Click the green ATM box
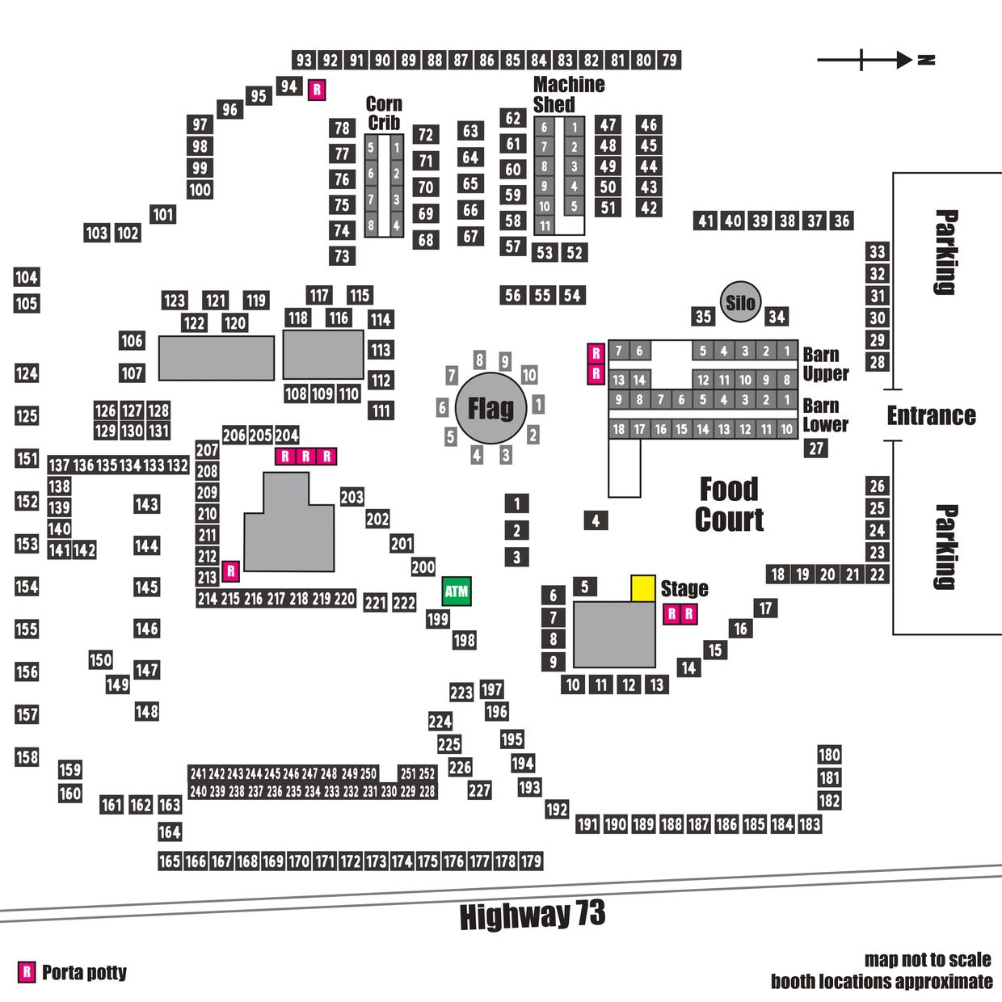(x=456, y=592)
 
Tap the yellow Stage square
(x=642, y=588)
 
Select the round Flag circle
(x=490, y=407)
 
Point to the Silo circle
(x=740, y=302)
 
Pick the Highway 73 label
(x=533, y=916)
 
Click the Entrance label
(x=931, y=415)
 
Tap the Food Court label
(x=729, y=504)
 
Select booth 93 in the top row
(x=304, y=61)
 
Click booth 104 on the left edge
(x=27, y=277)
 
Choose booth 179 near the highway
(x=531, y=861)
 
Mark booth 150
(x=100, y=660)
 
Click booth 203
(x=352, y=497)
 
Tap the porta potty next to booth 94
(x=317, y=90)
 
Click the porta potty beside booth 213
(x=231, y=571)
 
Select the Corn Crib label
(x=385, y=113)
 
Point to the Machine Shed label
(x=569, y=94)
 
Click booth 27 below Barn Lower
(x=816, y=448)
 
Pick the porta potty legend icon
(x=27, y=972)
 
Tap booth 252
(x=427, y=774)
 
